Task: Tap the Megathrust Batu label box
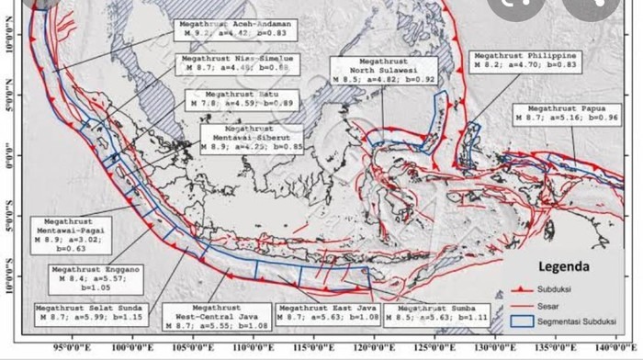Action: pos(230,99)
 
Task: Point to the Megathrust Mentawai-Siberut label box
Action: pos(251,138)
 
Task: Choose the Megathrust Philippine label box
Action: pos(524,61)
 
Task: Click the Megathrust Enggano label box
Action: pos(96,276)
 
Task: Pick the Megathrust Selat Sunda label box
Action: pos(90,311)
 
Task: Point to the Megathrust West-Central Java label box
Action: pos(217,317)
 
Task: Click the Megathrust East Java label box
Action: pos(328,312)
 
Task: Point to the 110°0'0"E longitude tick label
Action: pos(250,350)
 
